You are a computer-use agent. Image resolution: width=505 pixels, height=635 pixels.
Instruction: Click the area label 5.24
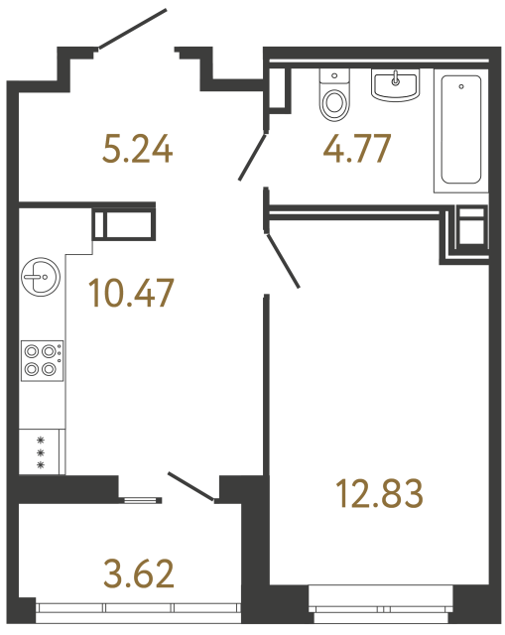pyautogui.click(x=138, y=150)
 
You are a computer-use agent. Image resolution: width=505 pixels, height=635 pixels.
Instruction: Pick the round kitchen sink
pyautogui.click(x=41, y=277)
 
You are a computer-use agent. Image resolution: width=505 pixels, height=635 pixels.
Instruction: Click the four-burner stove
pyautogui.click(x=41, y=359)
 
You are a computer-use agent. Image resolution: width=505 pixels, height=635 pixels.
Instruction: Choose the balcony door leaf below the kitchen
pyautogui.click(x=192, y=486)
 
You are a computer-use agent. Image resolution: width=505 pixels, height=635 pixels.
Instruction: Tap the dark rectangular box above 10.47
pyautogui.click(x=126, y=222)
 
